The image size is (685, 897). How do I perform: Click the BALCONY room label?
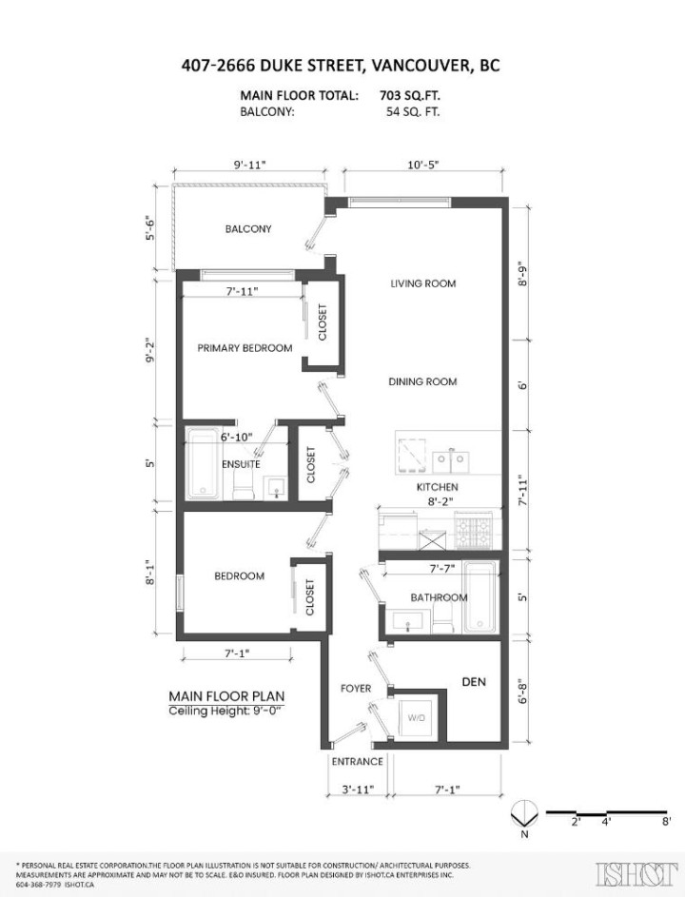tap(247, 229)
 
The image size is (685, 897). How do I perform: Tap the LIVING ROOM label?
tap(422, 283)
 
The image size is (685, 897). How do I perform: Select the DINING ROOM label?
tap(422, 381)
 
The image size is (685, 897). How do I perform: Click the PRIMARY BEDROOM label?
tap(245, 348)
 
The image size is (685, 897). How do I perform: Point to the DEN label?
tap(474, 682)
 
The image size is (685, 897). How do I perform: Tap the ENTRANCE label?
tap(357, 762)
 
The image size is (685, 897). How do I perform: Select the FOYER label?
tap(356, 689)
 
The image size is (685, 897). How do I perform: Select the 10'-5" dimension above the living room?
tap(422, 165)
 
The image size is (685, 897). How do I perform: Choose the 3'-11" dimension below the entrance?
tap(357, 790)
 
